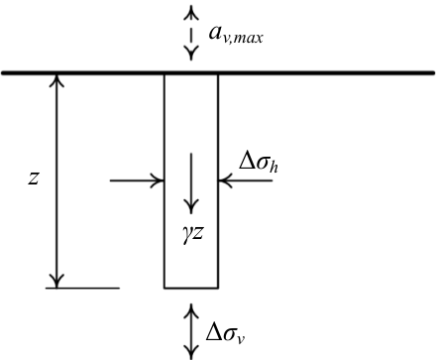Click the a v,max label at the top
pyautogui.click(x=236, y=35)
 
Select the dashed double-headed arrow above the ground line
pyautogui.click(x=191, y=33)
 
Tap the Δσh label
pyautogui.click(x=259, y=163)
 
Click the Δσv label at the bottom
pyautogui.click(x=225, y=333)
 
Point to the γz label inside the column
pyautogui.click(x=192, y=234)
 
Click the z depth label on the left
pyautogui.click(x=34, y=179)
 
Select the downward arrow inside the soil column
pyautogui.click(x=191, y=182)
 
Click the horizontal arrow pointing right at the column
pyautogui.click(x=137, y=180)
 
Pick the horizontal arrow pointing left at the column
pyautogui.click(x=246, y=180)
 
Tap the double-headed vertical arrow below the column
pyautogui.click(x=191, y=331)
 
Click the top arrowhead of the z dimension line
pyautogui.click(x=56, y=80)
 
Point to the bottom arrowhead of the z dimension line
pyautogui.click(x=56, y=281)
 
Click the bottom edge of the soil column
pyautogui.click(x=191, y=288)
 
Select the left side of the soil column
pyautogui.click(x=164, y=180)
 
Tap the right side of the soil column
pyautogui.click(x=218, y=180)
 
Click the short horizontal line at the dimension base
pyautogui.click(x=82, y=288)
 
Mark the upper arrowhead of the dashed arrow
pyautogui.click(x=191, y=13)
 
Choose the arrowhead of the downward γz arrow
pyautogui.click(x=191, y=206)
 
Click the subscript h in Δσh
pyautogui.click(x=273, y=167)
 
